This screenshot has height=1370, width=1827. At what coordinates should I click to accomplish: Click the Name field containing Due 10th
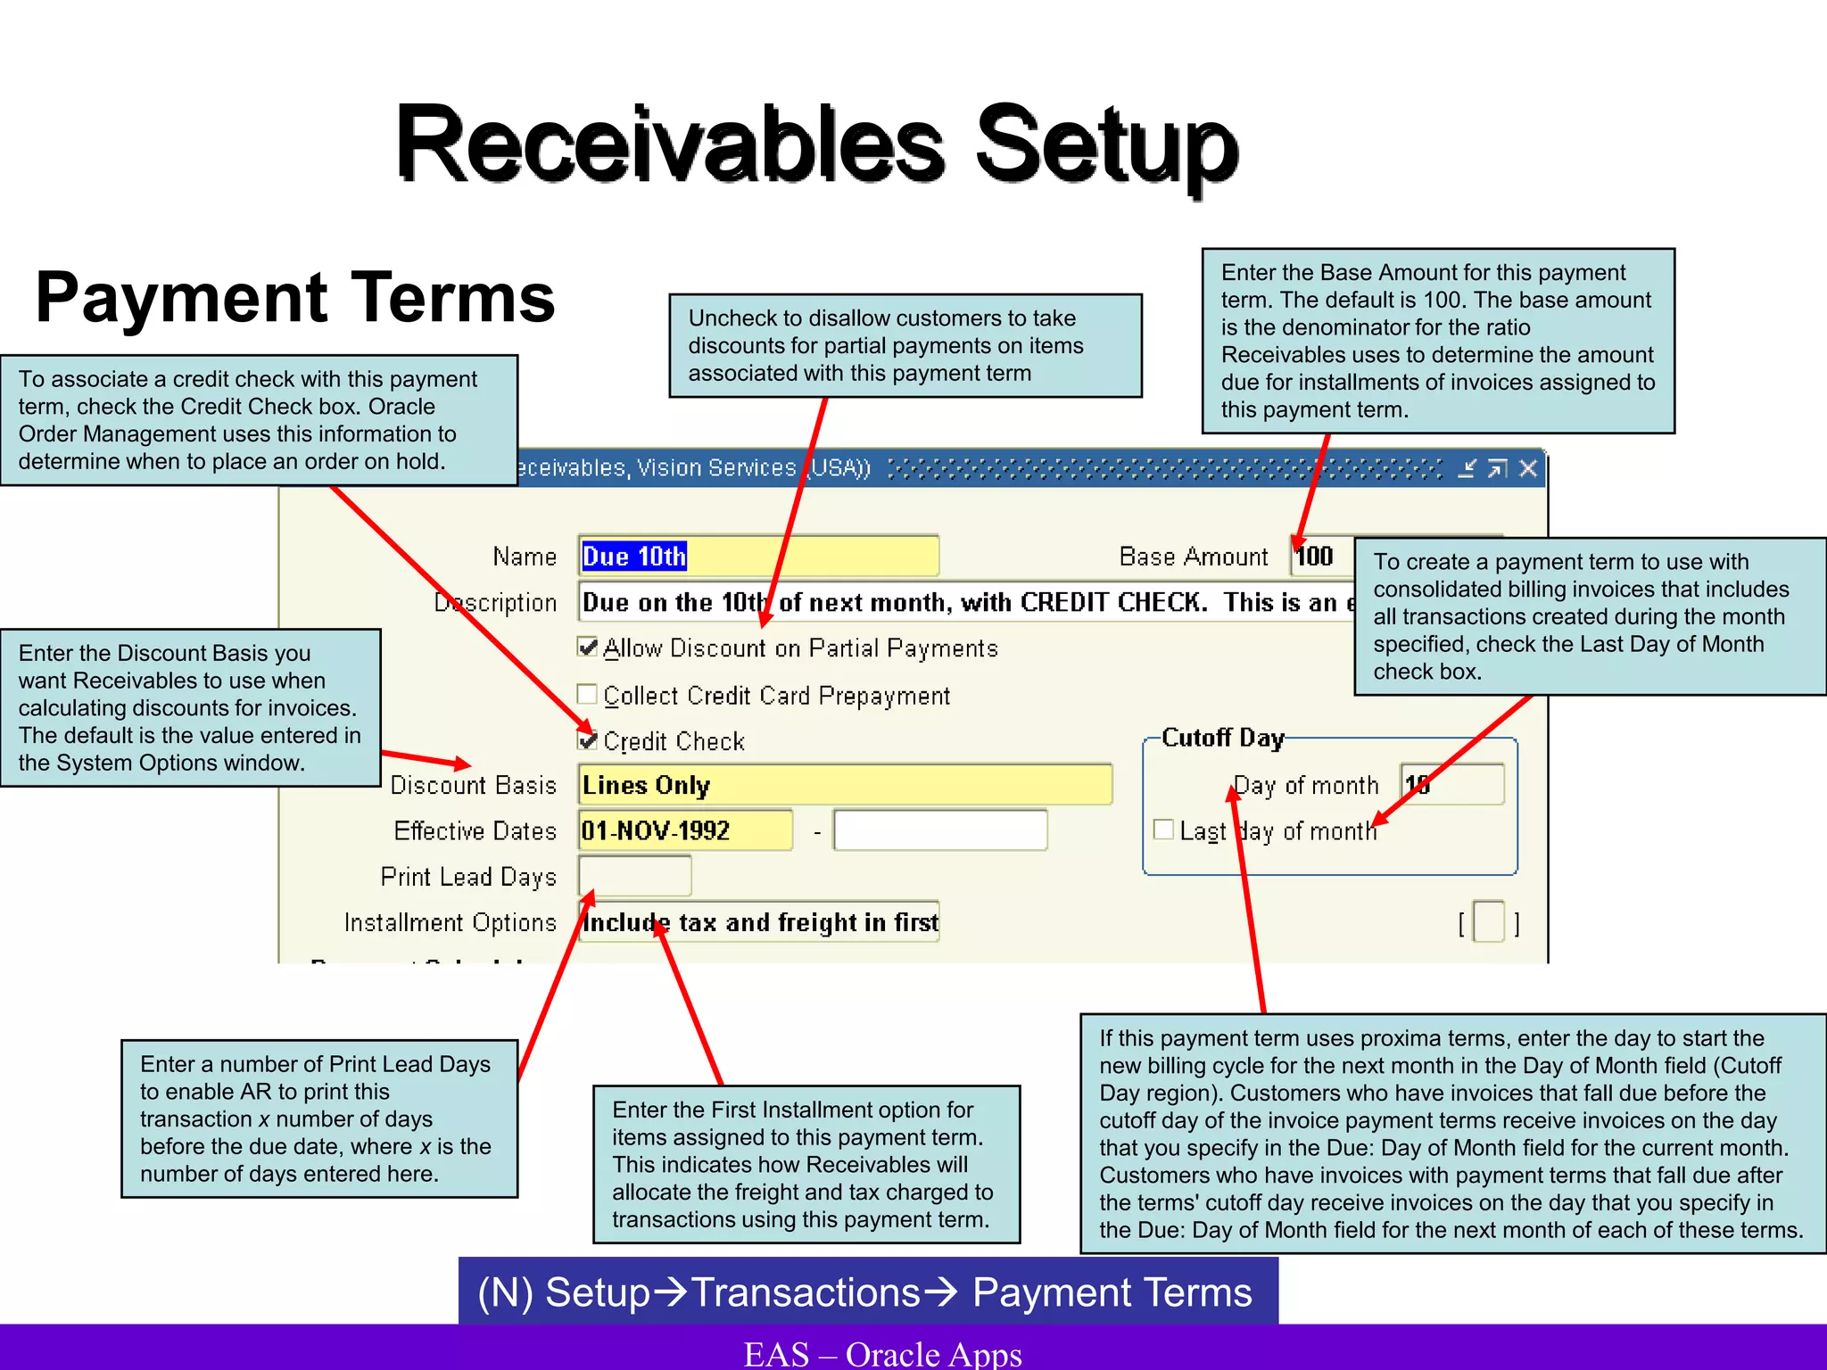pos(758,557)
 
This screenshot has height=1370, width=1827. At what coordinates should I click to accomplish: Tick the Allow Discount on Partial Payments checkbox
pos(587,647)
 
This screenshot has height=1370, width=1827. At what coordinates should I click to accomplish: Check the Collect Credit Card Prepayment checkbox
pos(587,694)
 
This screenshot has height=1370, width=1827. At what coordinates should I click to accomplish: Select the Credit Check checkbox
pos(587,739)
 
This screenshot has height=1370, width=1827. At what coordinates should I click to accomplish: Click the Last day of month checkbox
pos(1163,829)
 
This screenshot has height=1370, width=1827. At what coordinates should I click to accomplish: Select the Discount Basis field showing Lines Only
pos(844,785)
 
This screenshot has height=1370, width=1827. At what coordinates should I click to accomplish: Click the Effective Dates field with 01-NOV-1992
pos(684,830)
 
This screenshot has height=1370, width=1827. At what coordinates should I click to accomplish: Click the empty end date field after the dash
pos(939,830)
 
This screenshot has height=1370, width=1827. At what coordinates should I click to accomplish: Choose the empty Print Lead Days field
pos(634,876)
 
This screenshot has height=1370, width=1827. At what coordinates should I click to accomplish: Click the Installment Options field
pos(758,922)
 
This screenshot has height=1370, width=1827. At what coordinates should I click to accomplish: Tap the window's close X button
pos(1528,468)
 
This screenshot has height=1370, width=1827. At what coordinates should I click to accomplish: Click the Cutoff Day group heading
pos(1222,738)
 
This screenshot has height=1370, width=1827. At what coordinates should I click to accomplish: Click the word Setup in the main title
pos(1106,144)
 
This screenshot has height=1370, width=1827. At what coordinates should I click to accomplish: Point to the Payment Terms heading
pos(295,298)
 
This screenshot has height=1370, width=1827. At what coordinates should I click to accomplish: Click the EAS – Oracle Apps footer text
pos(883,1353)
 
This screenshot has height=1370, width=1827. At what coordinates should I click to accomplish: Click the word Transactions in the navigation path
pos(806,1292)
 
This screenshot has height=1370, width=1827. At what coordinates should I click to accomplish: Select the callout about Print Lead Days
pos(319,1118)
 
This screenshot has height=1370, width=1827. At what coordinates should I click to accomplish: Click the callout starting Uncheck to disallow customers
pos(905,345)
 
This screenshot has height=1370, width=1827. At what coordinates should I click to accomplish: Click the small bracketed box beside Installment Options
pos(1488,922)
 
